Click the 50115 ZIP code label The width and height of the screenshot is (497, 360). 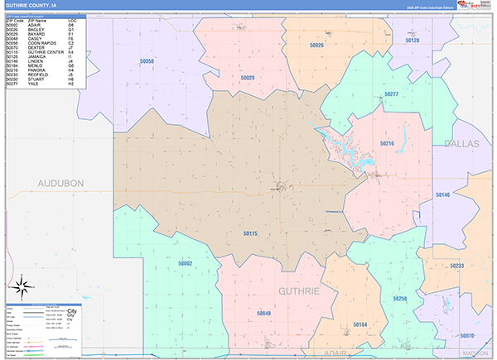tap(251, 234)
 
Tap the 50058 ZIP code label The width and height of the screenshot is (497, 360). tap(147, 61)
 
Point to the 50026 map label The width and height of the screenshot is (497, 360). tap(316, 45)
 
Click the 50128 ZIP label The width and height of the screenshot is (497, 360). tap(413, 40)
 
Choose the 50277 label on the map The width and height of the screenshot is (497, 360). tap(391, 94)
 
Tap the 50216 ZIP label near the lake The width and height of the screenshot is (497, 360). tap(386, 143)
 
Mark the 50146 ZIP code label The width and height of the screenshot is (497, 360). tap(442, 194)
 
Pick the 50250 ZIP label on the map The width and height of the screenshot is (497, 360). tap(400, 298)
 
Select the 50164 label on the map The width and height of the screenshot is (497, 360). tap(360, 324)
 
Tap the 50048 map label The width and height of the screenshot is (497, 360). tap(263, 314)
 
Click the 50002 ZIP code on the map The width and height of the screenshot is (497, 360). tap(185, 262)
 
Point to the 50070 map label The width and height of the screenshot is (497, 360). tap(466, 335)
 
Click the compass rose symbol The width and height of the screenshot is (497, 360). tap(23, 289)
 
